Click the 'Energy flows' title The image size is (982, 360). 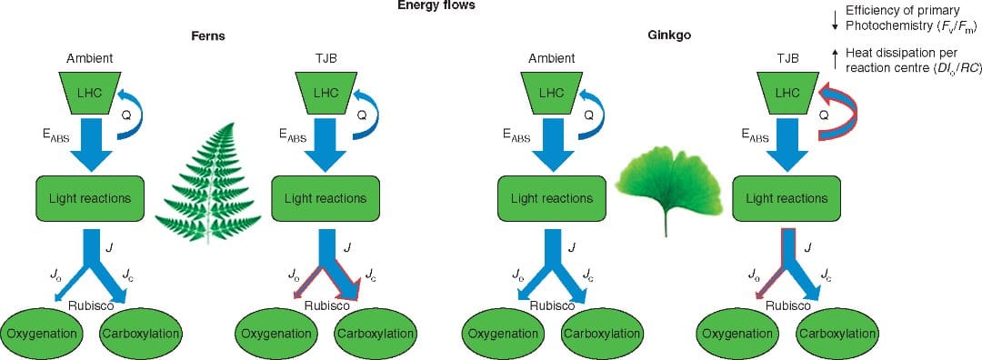[436, 5]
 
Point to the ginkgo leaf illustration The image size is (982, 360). [666, 179]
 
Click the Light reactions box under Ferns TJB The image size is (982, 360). [325, 197]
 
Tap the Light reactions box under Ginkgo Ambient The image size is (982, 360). [551, 197]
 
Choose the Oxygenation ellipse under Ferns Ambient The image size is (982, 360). [45, 333]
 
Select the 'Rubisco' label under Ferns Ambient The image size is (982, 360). [92, 305]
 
